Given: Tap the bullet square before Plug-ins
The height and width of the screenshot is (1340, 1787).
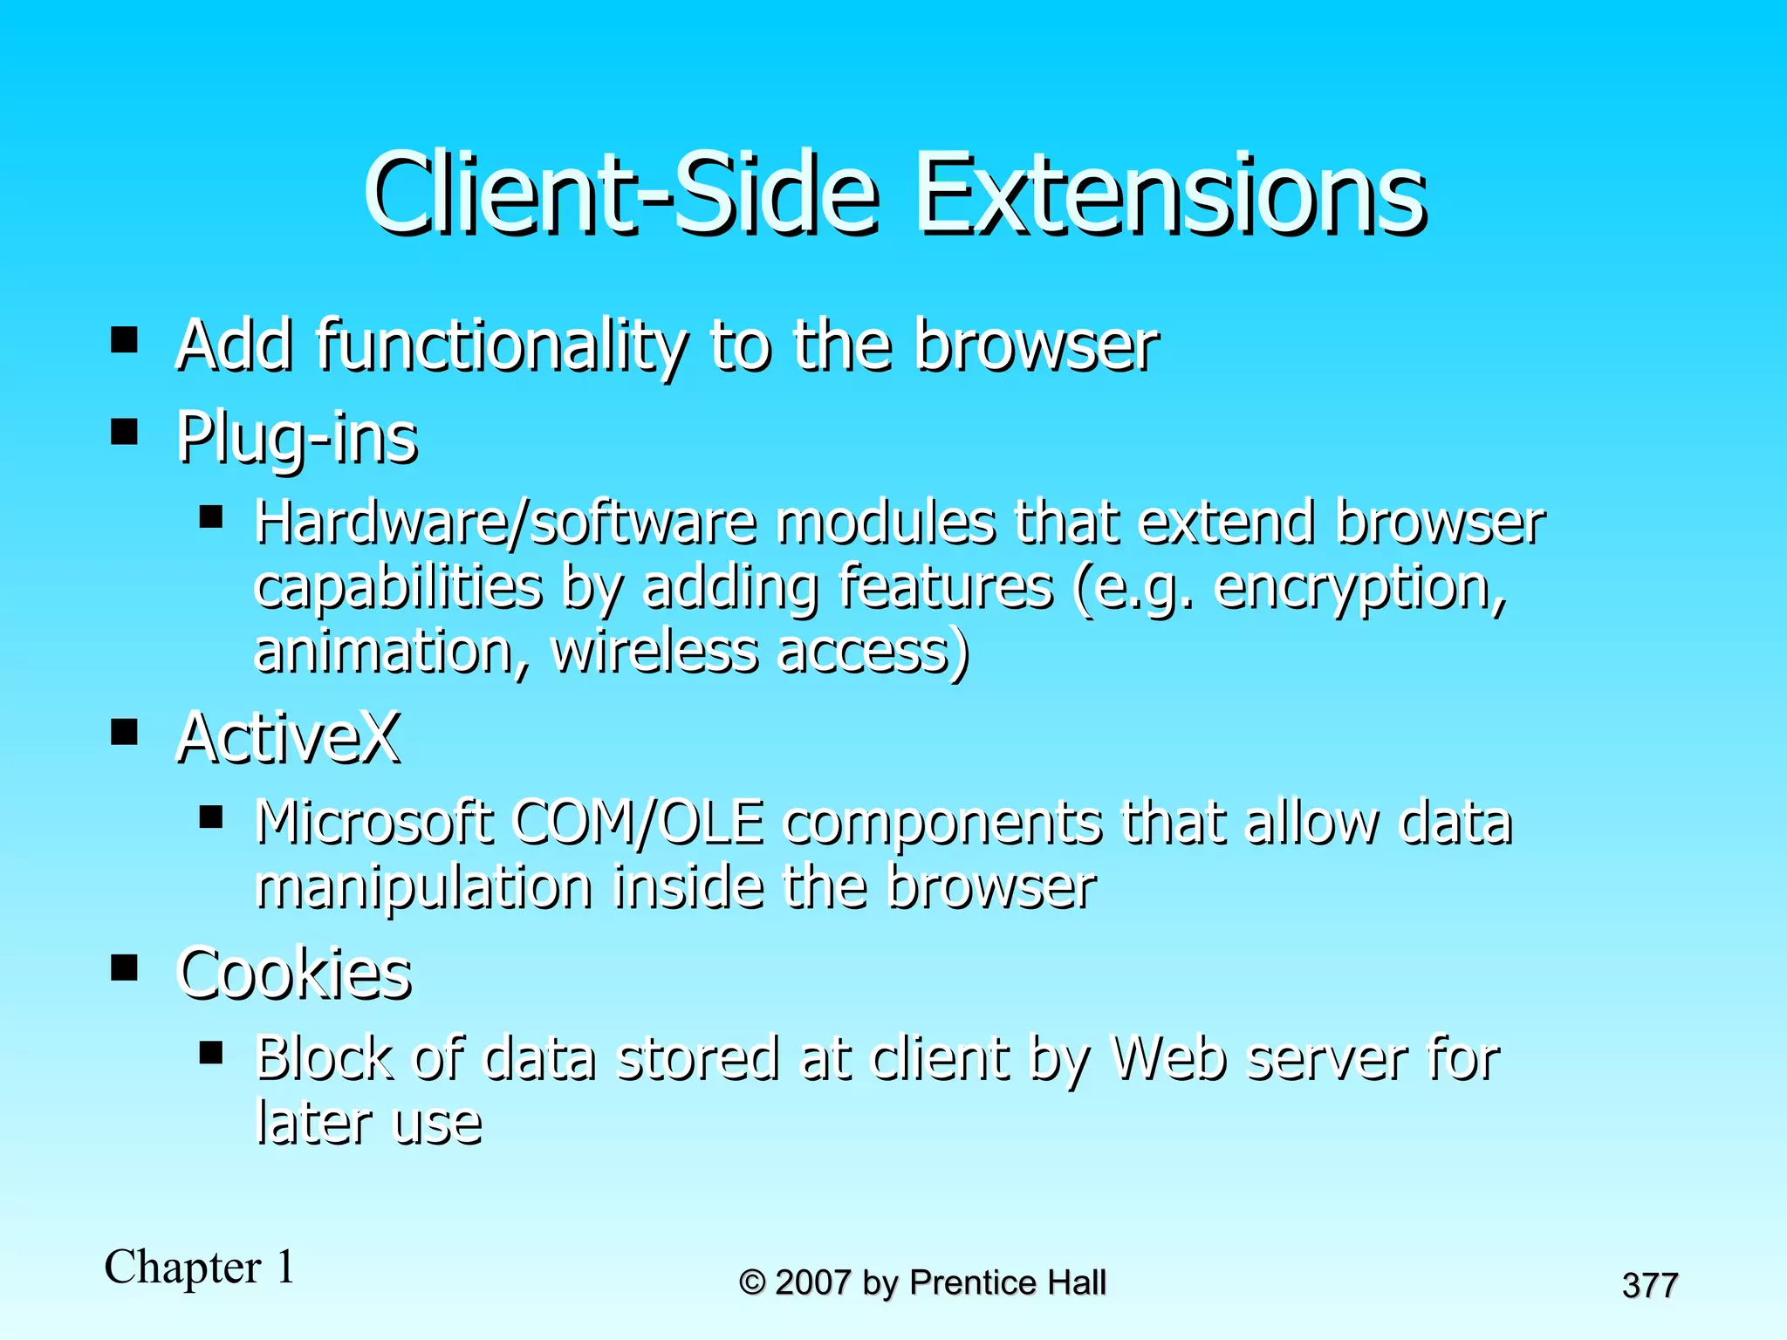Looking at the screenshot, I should click(125, 432).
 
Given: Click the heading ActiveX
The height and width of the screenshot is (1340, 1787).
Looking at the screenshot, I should click(288, 738).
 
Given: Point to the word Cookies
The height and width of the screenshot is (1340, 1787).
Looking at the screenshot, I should click(294, 974).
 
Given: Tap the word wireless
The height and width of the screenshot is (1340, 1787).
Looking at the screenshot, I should click(654, 653).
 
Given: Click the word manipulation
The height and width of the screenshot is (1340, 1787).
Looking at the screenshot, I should click(424, 887).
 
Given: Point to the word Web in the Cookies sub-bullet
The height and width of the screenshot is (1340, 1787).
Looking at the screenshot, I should click(1169, 1059).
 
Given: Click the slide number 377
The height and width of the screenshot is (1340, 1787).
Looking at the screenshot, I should click(1650, 1286).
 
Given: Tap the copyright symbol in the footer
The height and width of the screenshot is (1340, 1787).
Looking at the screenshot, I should click(751, 1283).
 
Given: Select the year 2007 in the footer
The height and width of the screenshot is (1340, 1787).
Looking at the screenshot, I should click(812, 1283).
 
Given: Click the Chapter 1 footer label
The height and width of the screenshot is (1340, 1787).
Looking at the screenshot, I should click(200, 1267).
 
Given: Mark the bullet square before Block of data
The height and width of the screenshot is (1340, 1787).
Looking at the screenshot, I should click(211, 1053).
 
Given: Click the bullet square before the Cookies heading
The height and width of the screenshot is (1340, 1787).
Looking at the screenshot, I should click(125, 967).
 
